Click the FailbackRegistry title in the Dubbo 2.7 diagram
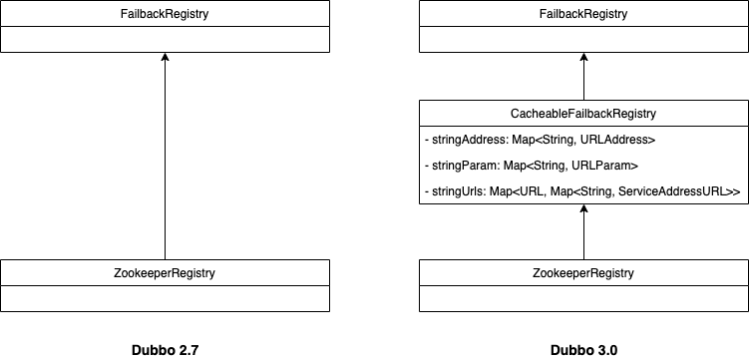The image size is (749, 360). (165, 14)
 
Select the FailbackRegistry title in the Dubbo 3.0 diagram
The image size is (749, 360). (583, 14)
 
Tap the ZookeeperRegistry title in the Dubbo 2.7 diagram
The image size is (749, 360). (165, 272)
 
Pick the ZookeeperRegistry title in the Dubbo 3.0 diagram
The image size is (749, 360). (583, 272)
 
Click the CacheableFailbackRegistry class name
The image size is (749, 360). (583, 114)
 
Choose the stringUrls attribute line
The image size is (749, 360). (581, 189)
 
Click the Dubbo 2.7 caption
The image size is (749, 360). (165, 350)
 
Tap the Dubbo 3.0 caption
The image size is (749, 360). (583, 350)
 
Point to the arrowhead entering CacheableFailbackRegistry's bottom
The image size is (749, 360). (583, 209)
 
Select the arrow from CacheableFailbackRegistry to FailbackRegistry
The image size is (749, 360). (583, 80)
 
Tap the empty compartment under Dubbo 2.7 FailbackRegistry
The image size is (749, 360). (165, 39)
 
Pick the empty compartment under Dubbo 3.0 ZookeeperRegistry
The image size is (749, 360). (583, 298)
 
